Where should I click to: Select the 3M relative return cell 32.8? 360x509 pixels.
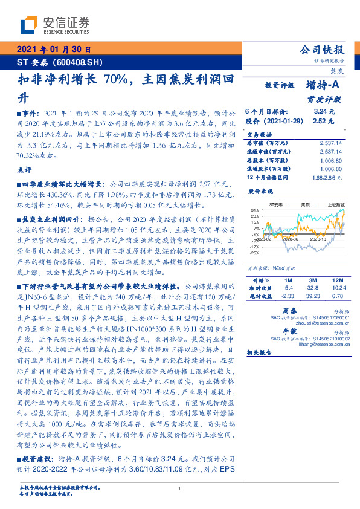tap(313, 288)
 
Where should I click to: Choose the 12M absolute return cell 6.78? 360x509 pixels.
tap(337, 296)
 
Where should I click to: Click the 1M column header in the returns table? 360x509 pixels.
tap(288, 281)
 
